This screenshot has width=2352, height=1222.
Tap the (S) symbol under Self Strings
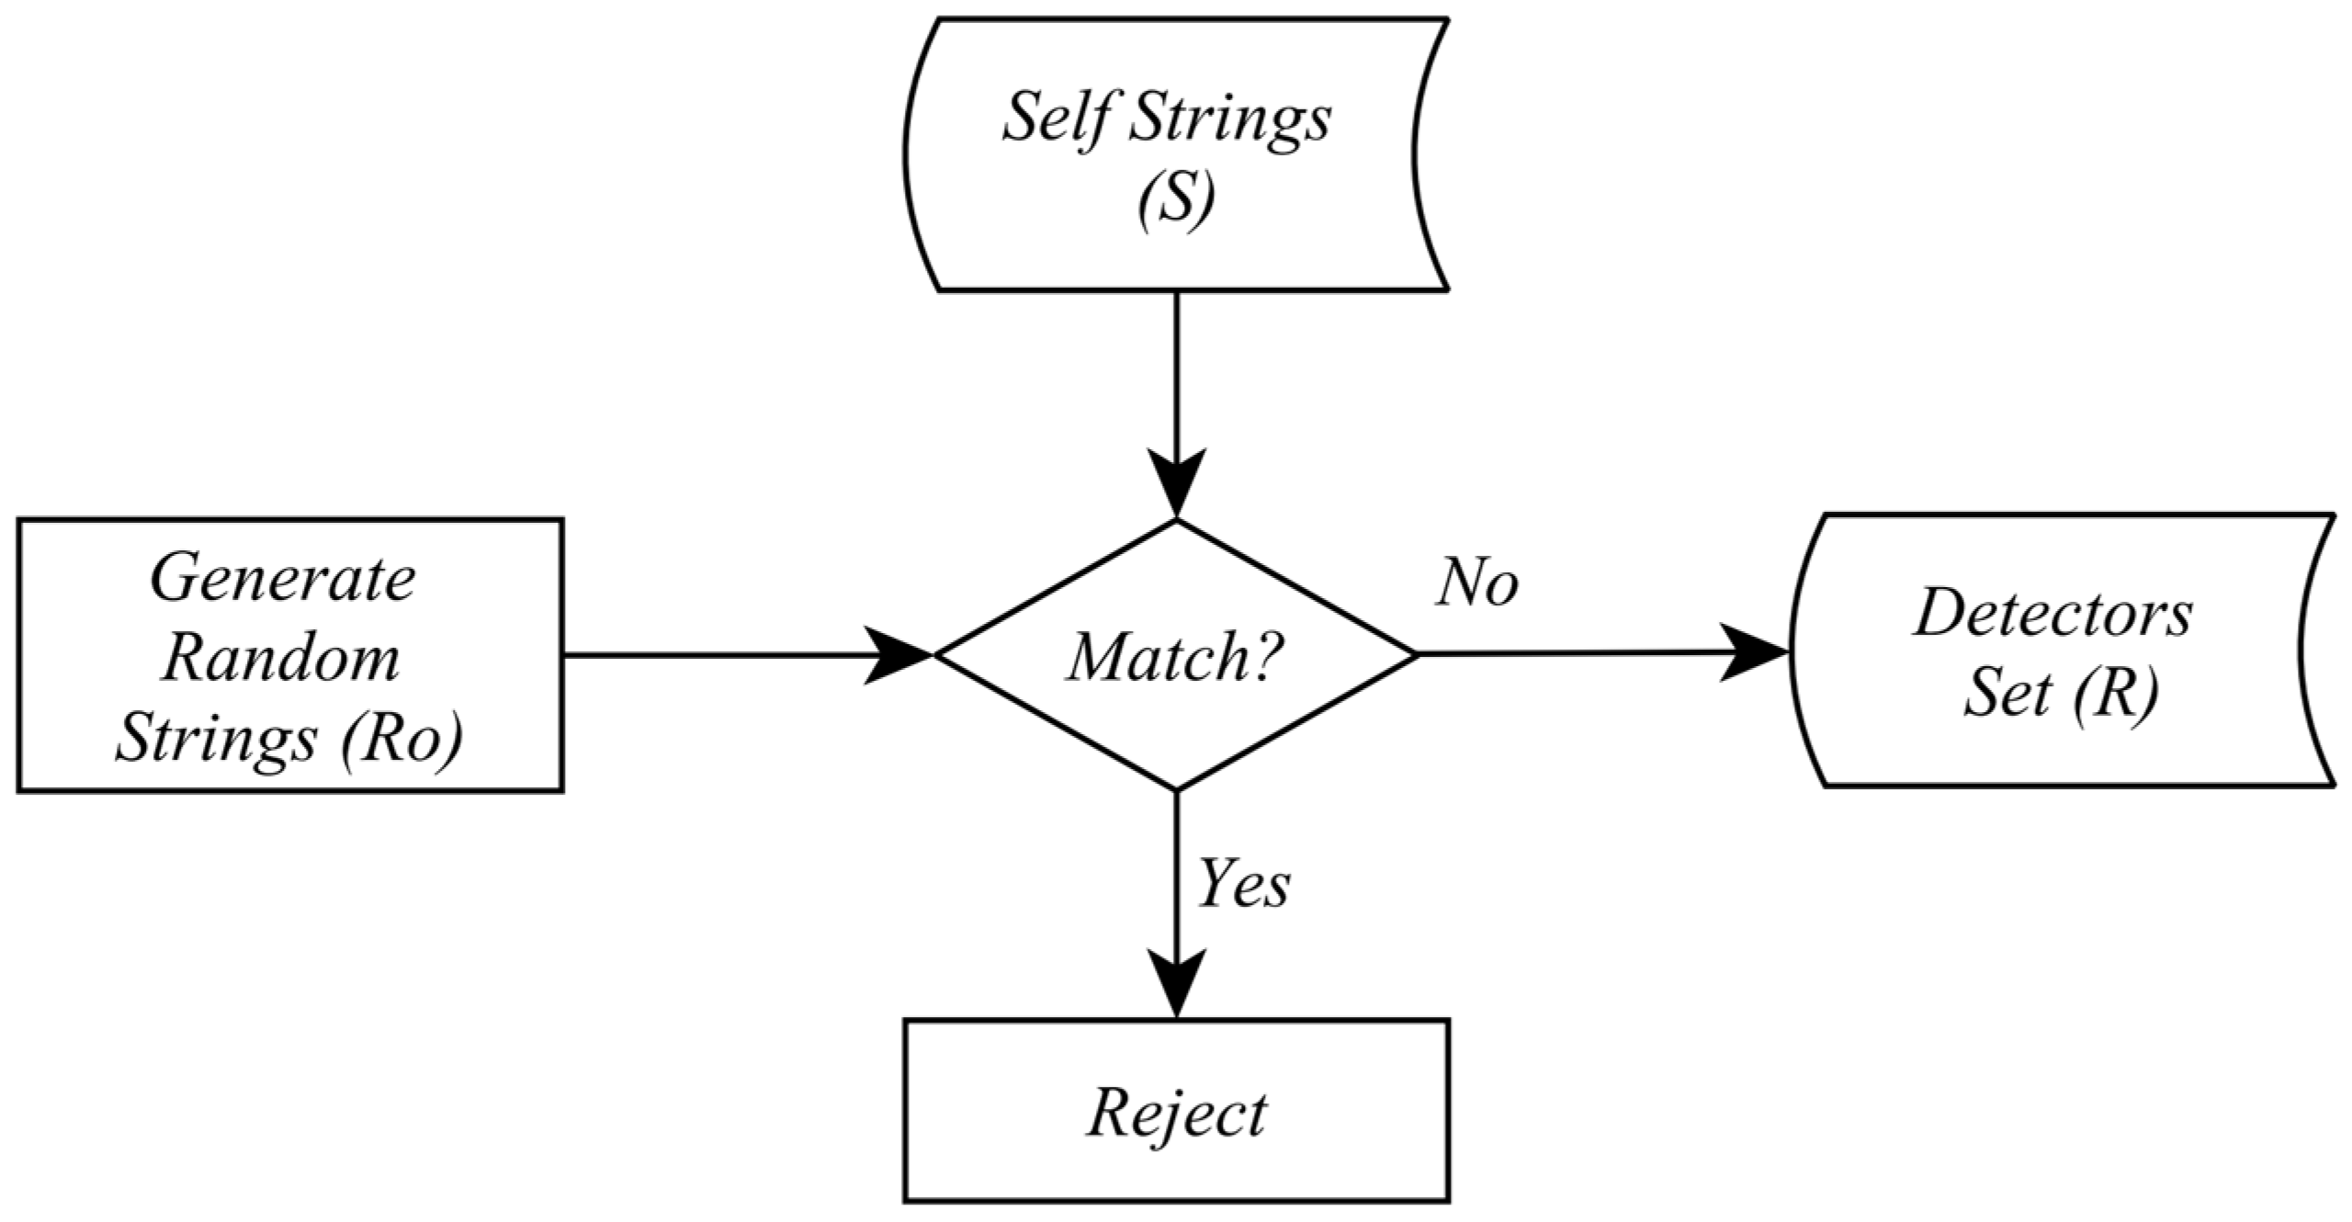click(x=1176, y=200)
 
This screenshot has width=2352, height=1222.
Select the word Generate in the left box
click(x=283, y=581)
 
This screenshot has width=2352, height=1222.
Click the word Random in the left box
click(x=281, y=660)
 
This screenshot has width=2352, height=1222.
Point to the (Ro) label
click(x=401, y=739)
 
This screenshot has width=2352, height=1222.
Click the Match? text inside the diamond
click(x=1174, y=659)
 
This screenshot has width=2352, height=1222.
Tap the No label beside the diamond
click(x=1477, y=583)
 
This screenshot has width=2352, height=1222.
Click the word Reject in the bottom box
click(x=1177, y=1115)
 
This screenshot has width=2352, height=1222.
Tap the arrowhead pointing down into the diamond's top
click(x=1177, y=485)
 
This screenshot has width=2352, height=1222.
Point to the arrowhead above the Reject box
click(x=1177, y=985)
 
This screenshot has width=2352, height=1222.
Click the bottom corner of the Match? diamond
click(x=1177, y=788)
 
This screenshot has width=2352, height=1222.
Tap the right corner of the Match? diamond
click(x=1415, y=654)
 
